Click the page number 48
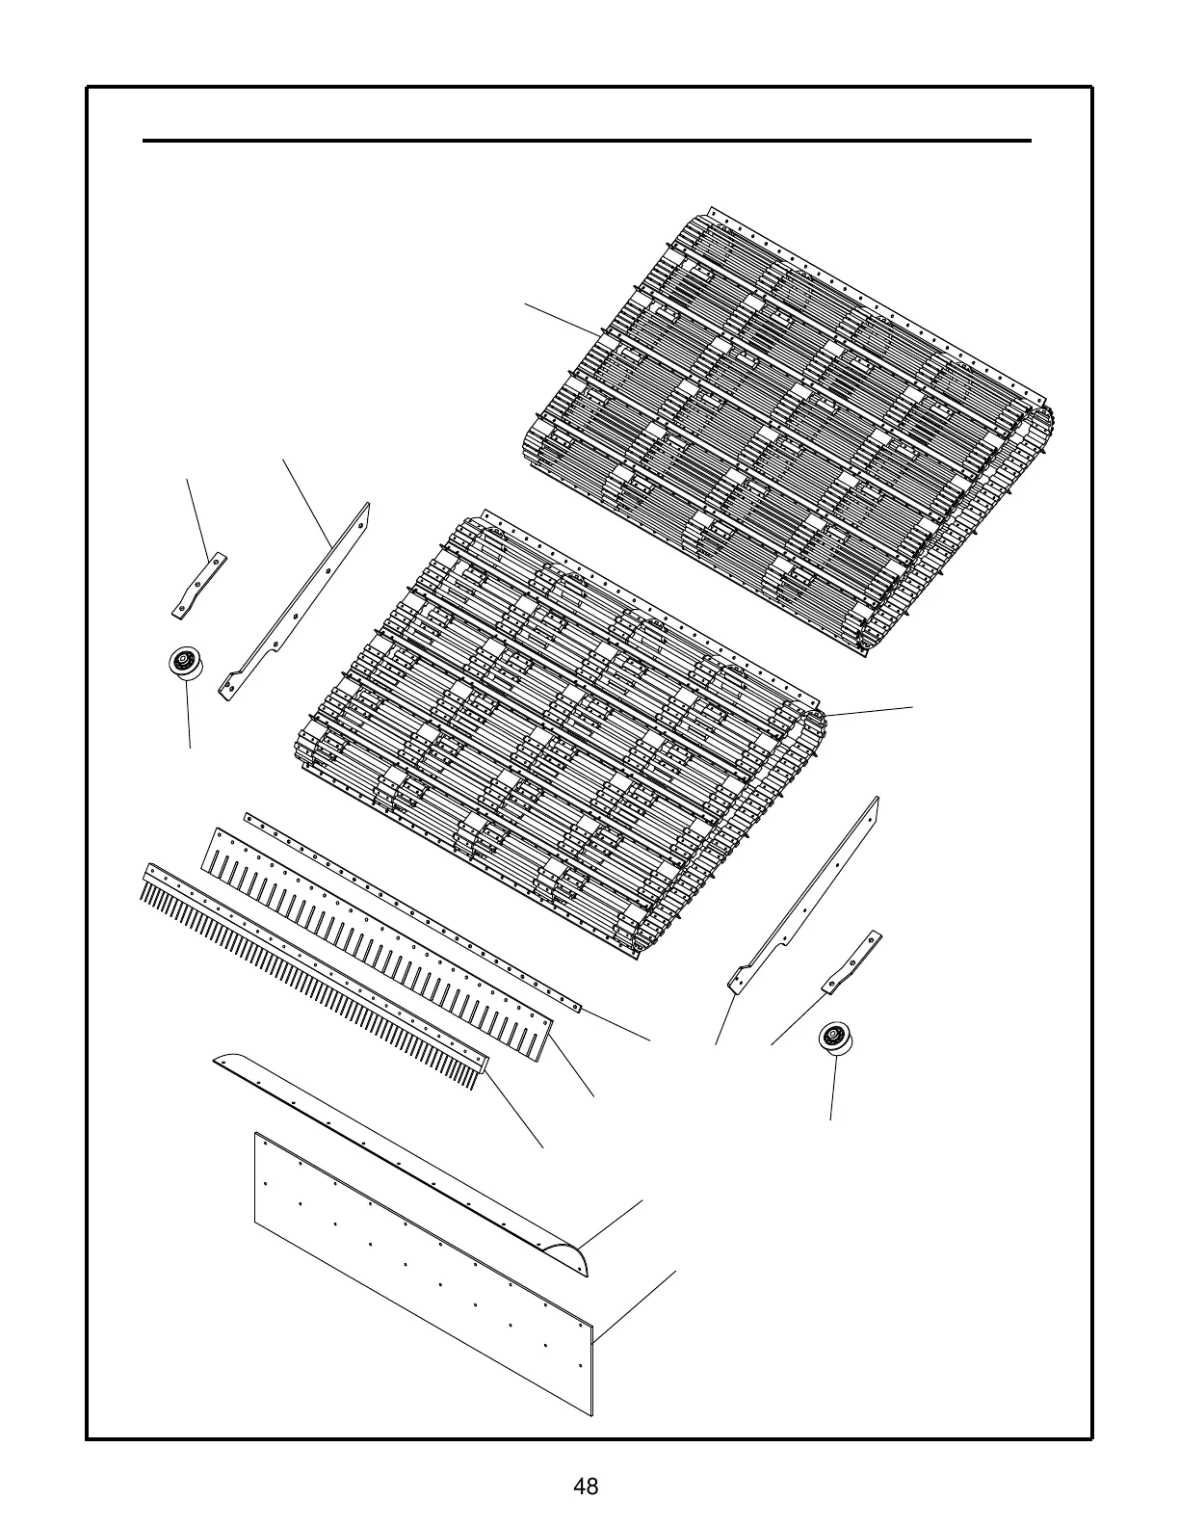[x=586, y=1486]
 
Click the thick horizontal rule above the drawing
[x=587, y=141]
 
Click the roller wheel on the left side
[x=180, y=664]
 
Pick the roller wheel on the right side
[x=832, y=1039]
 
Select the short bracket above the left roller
[x=198, y=585]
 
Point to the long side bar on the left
[x=299, y=601]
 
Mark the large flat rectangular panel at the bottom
[x=424, y=1272]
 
